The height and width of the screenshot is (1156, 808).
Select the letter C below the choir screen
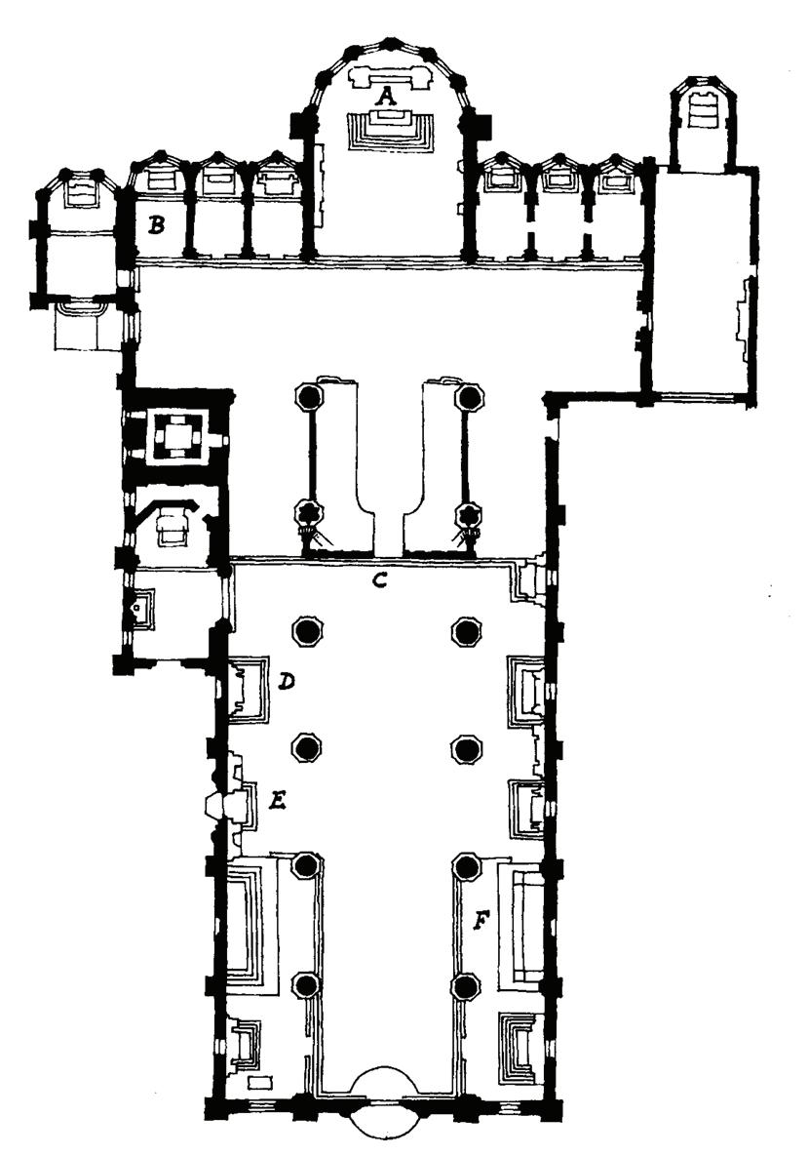[x=381, y=581]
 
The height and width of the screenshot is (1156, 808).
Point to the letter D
[x=286, y=682]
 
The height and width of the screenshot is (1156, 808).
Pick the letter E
[x=277, y=802]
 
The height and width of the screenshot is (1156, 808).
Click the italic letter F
[x=480, y=919]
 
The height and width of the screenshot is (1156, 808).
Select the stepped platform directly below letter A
[x=389, y=128]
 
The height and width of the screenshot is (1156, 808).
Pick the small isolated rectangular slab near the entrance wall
[x=259, y=1082]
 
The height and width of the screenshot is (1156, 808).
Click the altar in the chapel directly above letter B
[x=160, y=179]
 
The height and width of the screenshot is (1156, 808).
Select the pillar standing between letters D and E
[x=308, y=748]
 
